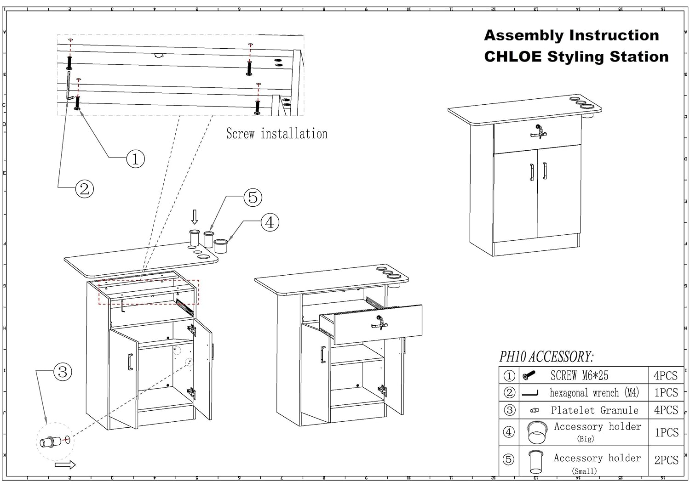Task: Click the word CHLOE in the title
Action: click(512, 57)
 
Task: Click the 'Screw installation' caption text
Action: click(277, 134)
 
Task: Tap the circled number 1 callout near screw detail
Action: click(135, 159)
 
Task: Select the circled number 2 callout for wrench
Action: click(84, 188)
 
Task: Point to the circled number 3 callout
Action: click(63, 371)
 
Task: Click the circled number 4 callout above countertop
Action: click(270, 222)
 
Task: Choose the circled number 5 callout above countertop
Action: click(253, 198)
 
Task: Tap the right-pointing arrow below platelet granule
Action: click(65, 465)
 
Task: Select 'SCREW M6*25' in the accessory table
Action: click(579, 375)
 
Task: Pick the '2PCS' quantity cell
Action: click(666, 460)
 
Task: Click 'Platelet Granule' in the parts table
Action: click(594, 410)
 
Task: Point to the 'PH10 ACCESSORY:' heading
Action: click(546, 357)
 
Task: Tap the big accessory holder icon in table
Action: click(537, 432)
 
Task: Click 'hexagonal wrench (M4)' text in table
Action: click(594, 393)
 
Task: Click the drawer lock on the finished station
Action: click(538, 131)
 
